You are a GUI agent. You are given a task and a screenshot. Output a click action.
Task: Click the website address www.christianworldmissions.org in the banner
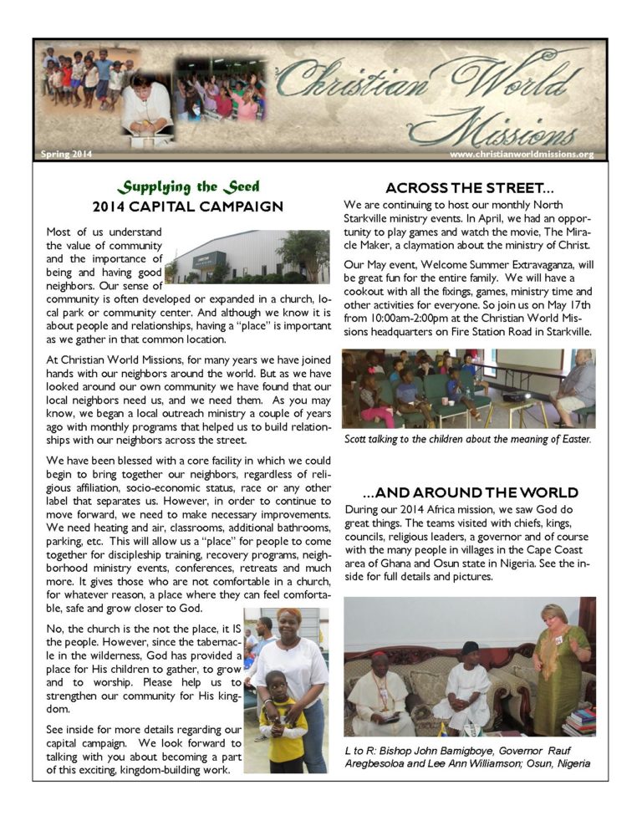click(x=521, y=154)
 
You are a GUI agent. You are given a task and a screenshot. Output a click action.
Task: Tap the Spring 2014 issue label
click(x=66, y=154)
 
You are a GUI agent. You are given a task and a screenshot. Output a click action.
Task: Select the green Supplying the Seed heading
click(x=187, y=186)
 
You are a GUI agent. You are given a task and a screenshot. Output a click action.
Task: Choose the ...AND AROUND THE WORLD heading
click(x=470, y=492)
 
